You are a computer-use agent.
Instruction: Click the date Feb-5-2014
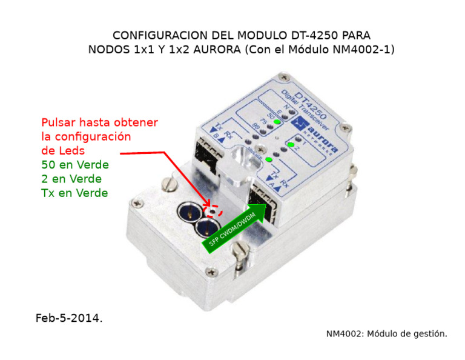point(68,318)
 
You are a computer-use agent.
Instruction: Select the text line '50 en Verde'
point(75,165)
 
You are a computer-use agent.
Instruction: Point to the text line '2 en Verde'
point(71,179)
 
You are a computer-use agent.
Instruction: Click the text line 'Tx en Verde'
point(74,193)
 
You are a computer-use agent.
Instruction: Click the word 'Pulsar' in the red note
point(59,122)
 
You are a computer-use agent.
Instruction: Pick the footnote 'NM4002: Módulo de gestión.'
point(386,333)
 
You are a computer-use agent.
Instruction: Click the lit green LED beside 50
point(277,123)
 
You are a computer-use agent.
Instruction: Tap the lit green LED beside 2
point(291,145)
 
